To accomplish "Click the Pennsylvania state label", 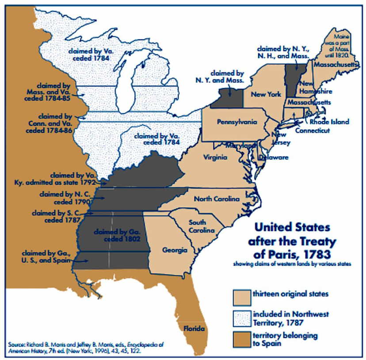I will click(x=235, y=122).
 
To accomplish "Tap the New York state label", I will click(x=266, y=94).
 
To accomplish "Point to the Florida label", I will click(x=194, y=328).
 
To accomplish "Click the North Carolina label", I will click(x=216, y=199).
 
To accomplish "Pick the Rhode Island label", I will click(x=329, y=122).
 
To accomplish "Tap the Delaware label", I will click(x=274, y=157).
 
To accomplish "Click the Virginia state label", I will click(x=215, y=157).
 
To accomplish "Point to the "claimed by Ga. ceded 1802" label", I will click(x=116, y=235).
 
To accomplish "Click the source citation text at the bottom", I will click(x=88, y=347).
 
